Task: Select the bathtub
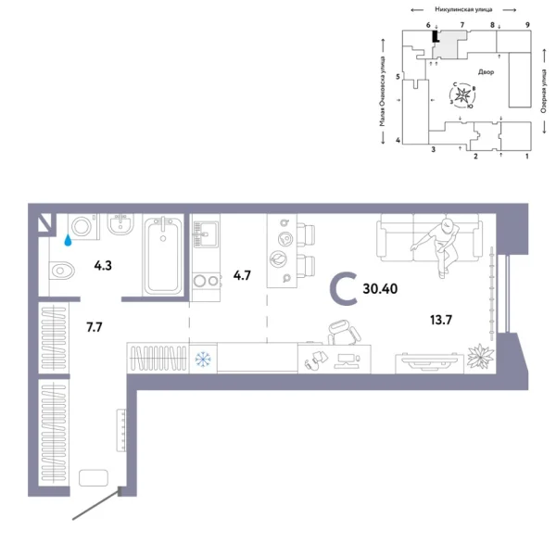tap(165, 255)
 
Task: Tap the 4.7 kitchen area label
tap(241, 275)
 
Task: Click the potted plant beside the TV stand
tap(479, 355)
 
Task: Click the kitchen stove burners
tap(204, 281)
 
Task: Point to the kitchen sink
tap(204, 232)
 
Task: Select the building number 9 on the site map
tap(526, 25)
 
